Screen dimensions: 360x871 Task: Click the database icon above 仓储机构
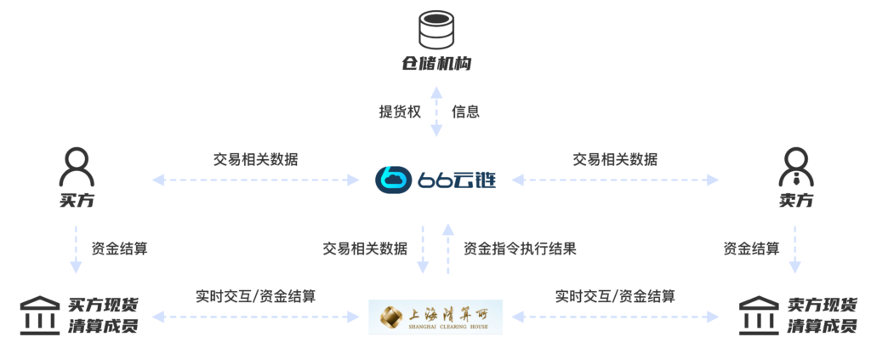tap(435, 29)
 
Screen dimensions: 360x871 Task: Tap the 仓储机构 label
tap(435, 64)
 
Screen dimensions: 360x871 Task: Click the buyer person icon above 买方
tap(76, 167)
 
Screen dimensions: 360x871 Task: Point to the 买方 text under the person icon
tap(76, 201)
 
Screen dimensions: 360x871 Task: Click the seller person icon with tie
tap(795, 167)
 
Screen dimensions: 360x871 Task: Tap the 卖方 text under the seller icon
tap(795, 201)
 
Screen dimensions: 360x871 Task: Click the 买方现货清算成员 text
tap(104, 316)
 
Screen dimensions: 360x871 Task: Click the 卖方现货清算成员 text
tap(823, 316)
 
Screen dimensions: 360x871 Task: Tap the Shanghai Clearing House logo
tap(435, 316)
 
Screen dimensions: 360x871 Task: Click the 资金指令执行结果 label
tap(520, 249)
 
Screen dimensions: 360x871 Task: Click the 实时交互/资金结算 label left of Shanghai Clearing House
tap(255, 296)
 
